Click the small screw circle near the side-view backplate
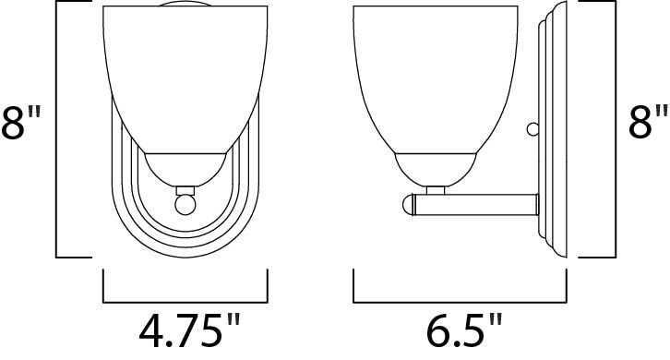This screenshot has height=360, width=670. point(532,129)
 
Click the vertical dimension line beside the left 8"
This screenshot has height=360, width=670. point(57,129)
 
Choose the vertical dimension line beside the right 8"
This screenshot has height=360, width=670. point(613,129)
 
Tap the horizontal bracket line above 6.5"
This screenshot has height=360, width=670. point(460,300)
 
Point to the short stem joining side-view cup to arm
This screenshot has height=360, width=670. point(437,190)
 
